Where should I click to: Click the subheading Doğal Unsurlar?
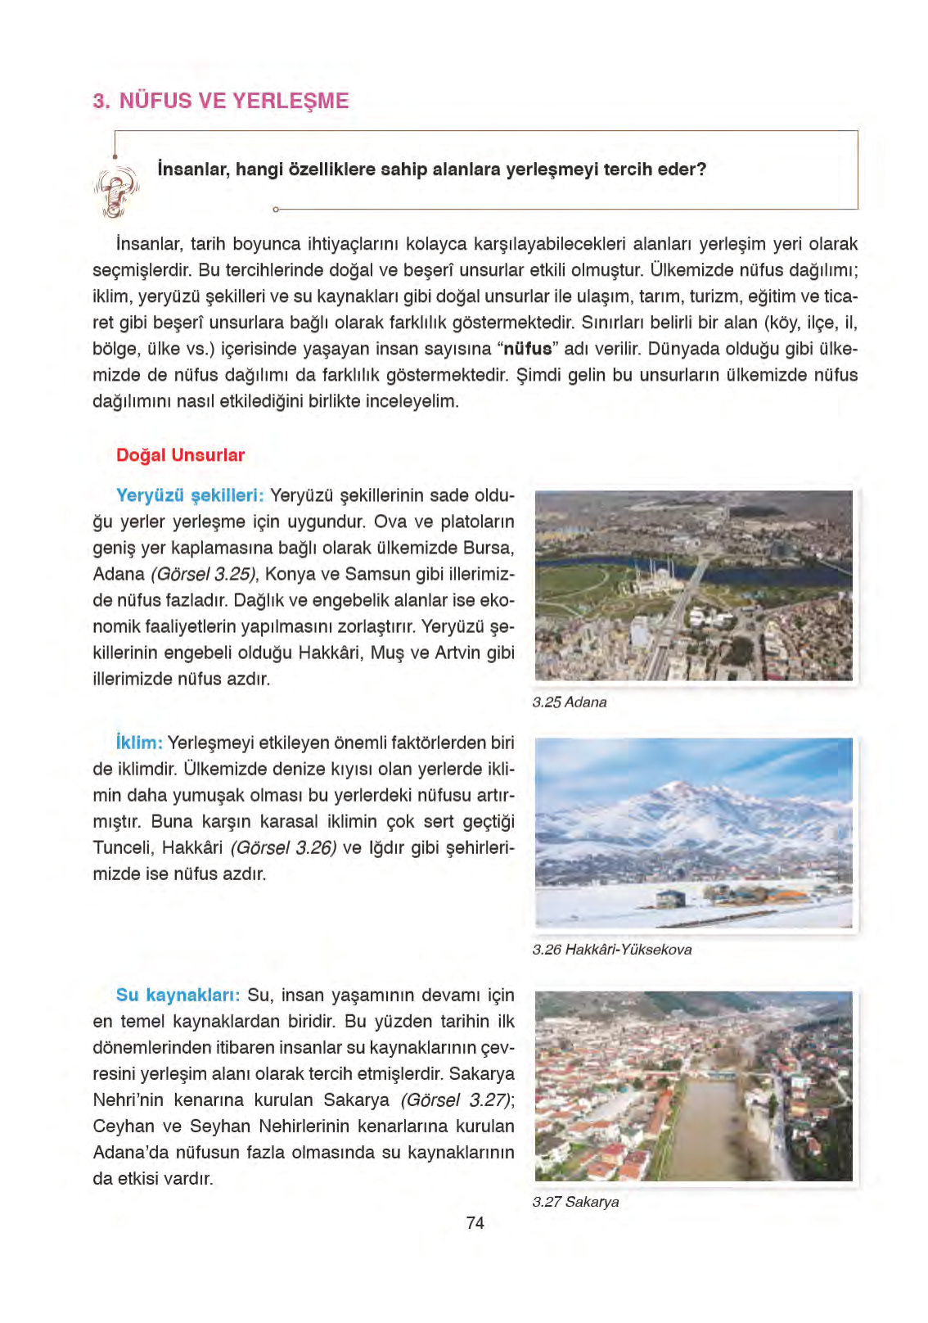coord(180,455)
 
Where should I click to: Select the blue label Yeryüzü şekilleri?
coord(190,495)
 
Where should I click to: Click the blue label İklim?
coord(139,743)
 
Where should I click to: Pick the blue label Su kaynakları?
coord(178,996)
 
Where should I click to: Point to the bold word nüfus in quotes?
coord(527,349)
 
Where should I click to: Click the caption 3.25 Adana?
coord(570,702)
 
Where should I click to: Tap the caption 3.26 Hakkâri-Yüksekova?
coord(612,950)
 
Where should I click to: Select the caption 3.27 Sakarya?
coord(575,1202)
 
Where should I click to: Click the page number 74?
coord(475,1223)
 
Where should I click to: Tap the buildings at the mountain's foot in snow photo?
coord(720,895)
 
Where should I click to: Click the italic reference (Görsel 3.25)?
coord(203,574)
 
